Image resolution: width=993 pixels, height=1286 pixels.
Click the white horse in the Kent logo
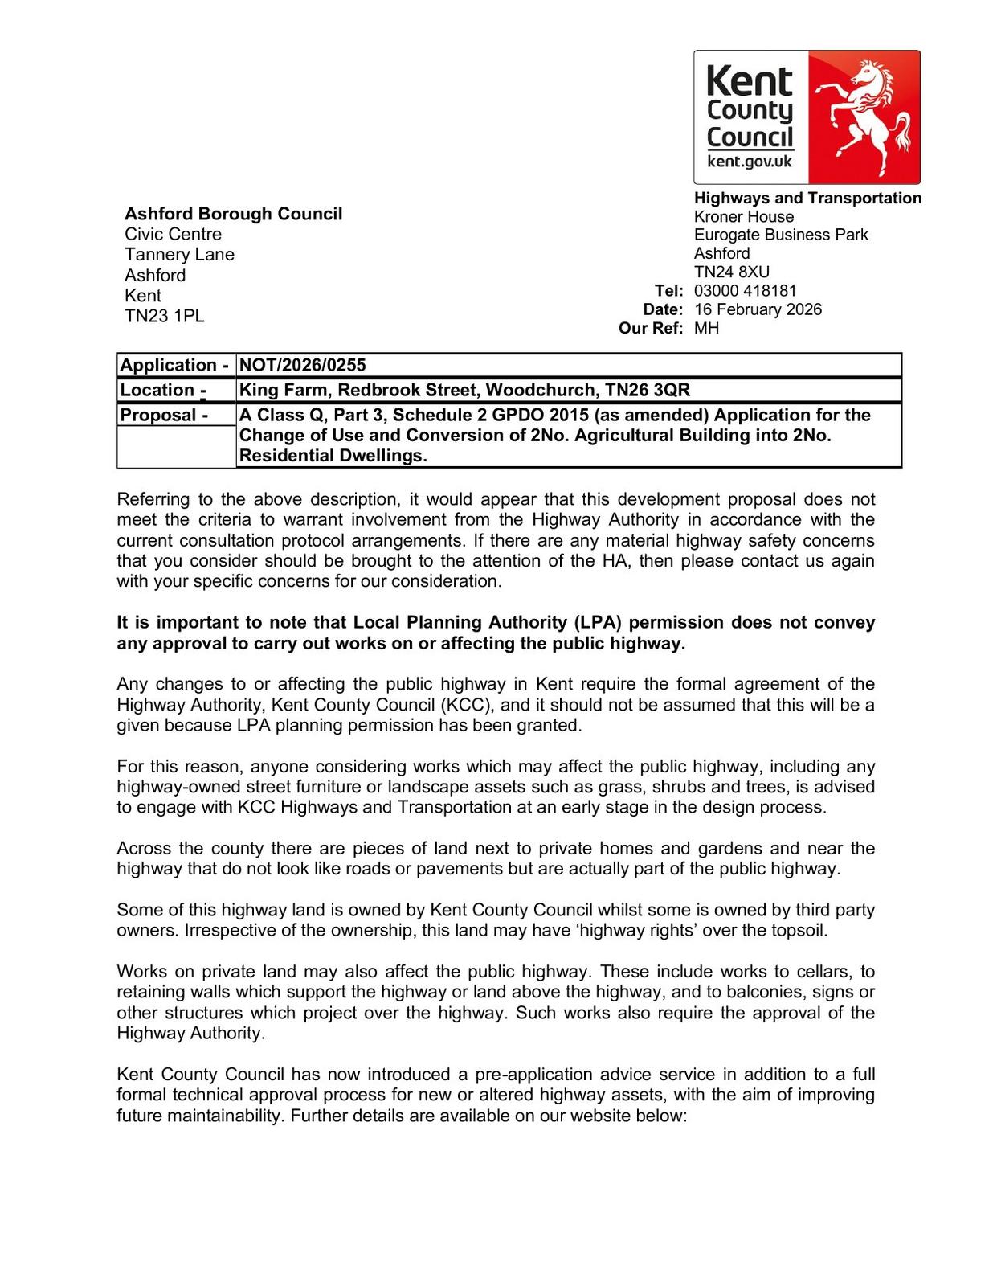(868, 113)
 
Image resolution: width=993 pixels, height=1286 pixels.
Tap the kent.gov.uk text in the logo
(749, 162)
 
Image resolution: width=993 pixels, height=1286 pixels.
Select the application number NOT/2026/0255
(302, 365)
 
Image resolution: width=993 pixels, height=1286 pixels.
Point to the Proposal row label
(164, 416)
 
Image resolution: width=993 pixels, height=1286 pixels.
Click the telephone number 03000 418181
(745, 291)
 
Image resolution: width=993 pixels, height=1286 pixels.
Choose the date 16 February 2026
(758, 309)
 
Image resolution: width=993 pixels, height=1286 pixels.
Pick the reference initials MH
(706, 328)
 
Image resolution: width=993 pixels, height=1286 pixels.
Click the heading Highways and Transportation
(807, 198)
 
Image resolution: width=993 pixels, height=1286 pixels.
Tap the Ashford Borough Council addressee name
(233, 214)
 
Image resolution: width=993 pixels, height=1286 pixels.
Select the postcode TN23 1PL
(164, 316)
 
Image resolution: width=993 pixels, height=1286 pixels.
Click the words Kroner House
(743, 217)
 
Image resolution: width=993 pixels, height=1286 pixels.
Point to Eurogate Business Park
(781, 235)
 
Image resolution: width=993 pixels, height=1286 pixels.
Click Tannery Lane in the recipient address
(179, 255)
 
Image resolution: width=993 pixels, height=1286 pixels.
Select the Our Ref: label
(651, 328)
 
